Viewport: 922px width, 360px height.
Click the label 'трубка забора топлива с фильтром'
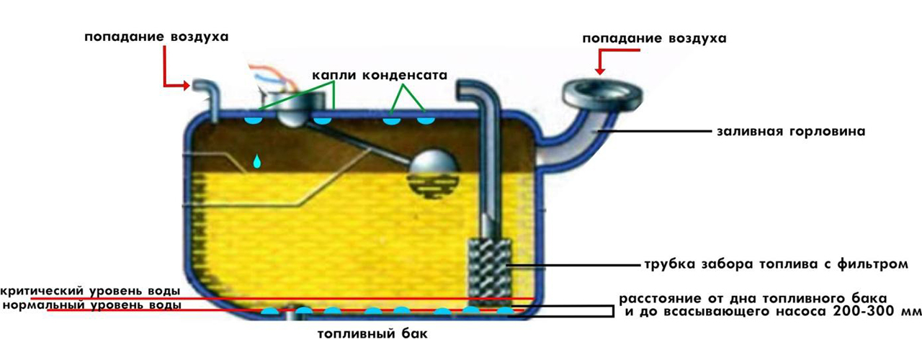(x=773, y=264)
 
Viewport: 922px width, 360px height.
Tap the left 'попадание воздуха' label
(x=156, y=37)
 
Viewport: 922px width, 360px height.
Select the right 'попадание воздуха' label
(x=654, y=37)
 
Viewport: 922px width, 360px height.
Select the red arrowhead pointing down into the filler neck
(x=599, y=71)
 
